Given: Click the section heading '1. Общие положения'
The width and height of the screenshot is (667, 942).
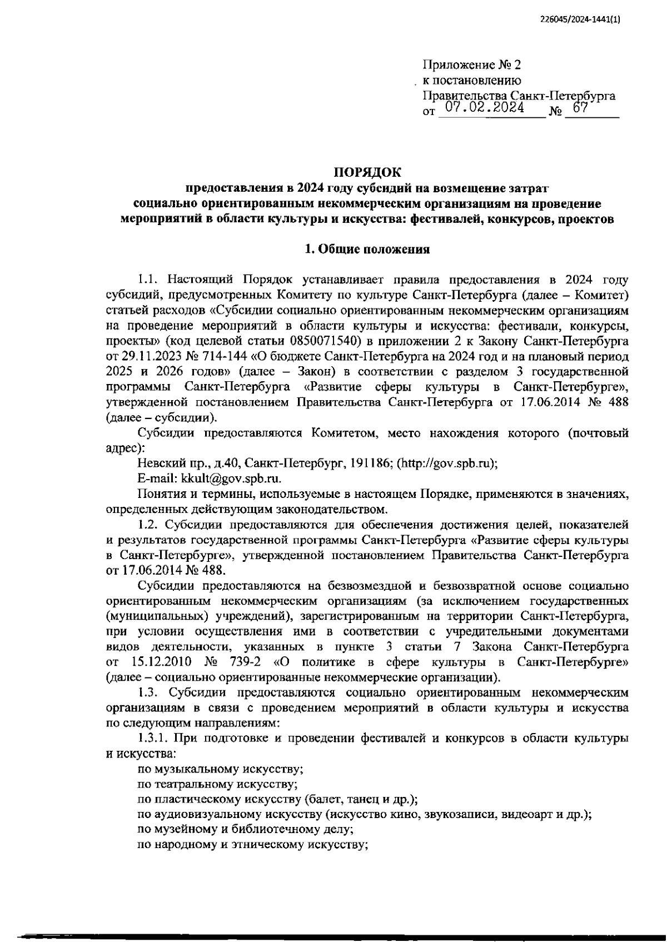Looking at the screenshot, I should [367, 250].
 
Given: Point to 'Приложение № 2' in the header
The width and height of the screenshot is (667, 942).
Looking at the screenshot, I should [472, 65].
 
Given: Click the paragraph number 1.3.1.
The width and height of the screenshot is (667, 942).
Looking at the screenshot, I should [153, 738].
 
